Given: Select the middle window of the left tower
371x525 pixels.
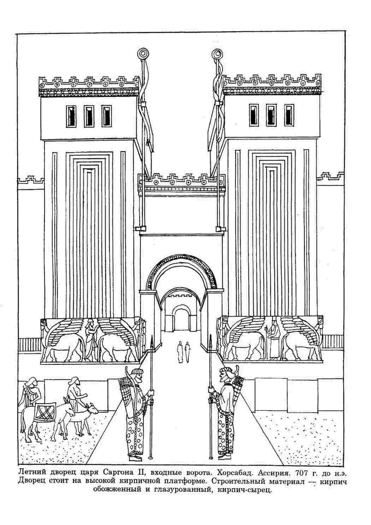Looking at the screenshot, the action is (x=89, y=116).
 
